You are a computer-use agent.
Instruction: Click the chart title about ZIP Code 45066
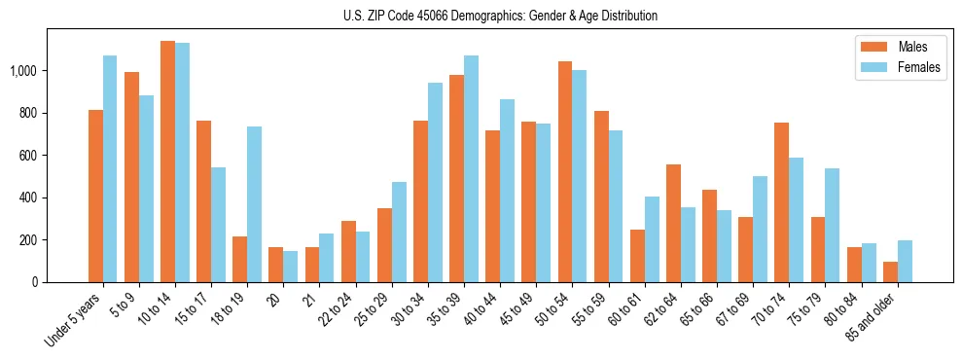pyautogui.click(x=500, y=16)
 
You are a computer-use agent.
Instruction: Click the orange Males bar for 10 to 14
pyautogui.click(x=167, y=162)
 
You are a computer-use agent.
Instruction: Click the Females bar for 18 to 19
pyautogui.click(x=255, y=204)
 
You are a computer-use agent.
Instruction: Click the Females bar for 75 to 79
pyautogui.click(x=833, y=225)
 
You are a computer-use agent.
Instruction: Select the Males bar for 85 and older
pyautogui.click(x=890, y=271)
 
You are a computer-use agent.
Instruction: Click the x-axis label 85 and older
pyautogui.click(x=881, y=317)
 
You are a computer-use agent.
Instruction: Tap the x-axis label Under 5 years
pyautogui.click(x=74, y=320)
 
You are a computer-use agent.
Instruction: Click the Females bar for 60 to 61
pyautogui.click(x=652, y=239)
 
